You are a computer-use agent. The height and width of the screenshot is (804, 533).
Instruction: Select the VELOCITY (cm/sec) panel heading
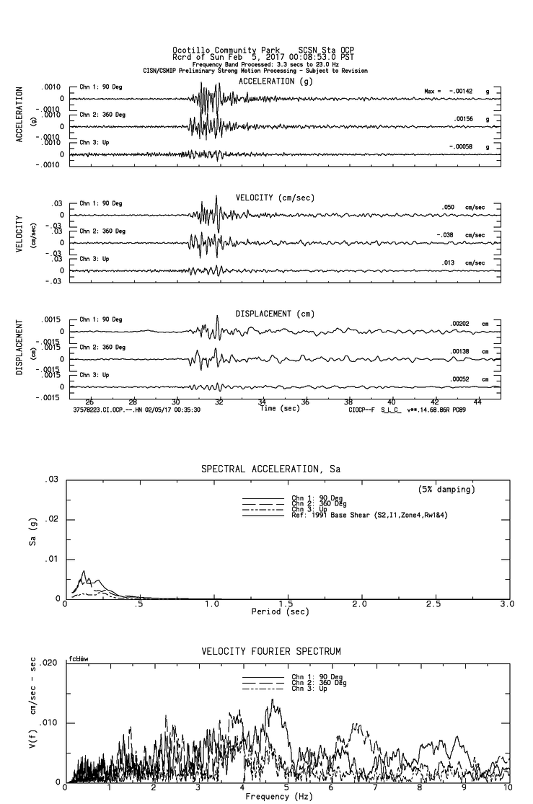coord(275,198)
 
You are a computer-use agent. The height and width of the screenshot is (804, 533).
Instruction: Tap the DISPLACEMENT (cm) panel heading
coord(275,314)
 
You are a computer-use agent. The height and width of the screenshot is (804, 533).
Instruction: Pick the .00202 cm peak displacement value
coord(459,324)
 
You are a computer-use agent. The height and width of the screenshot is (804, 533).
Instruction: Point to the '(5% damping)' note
coord(446,490)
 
